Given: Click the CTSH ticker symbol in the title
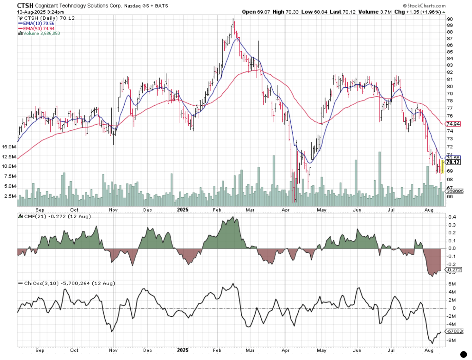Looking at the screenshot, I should coord(25,5).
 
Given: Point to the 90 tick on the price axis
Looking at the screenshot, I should coord(450,19).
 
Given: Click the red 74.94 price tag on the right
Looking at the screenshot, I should coord(453,124).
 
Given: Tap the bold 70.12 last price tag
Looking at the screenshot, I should coord(453,162).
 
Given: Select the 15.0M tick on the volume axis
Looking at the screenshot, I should coord(9,147).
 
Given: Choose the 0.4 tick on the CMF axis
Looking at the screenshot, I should coord(452,217).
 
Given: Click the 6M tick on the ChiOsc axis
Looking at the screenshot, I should coord(452,284).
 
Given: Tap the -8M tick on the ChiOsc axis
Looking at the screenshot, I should coord(451,340).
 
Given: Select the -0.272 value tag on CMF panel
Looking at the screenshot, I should coord(454,270).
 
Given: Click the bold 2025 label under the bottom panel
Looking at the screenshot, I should coord(183,350).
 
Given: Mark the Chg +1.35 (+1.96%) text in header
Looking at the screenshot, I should coord(417,12).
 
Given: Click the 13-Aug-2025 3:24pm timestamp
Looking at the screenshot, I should coord(40,12).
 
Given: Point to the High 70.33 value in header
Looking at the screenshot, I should coord(285,12).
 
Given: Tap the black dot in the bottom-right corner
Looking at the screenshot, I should coord(463,354).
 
